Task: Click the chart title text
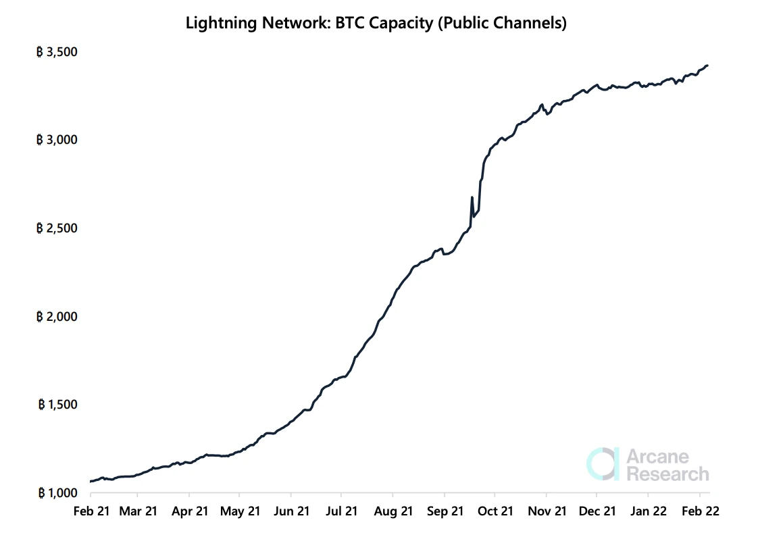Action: click(376, 23)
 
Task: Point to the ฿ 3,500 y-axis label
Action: click(57, 52)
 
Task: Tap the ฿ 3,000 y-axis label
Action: click(57, 140)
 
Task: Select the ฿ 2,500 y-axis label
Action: click(57, 228)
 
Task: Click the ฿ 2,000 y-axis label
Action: click(57, 316)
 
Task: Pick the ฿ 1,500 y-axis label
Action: click(57, 405)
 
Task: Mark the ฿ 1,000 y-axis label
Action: click(57, 492)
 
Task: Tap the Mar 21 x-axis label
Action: click(138, 511)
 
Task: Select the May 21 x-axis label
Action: click(241, 511)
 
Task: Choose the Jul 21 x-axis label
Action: click(342, 511)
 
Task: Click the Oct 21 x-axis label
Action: click(495, 511)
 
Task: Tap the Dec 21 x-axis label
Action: click(597, 511)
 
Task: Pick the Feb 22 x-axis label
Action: click(700, 511)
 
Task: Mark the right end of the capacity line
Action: click(707, 66)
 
